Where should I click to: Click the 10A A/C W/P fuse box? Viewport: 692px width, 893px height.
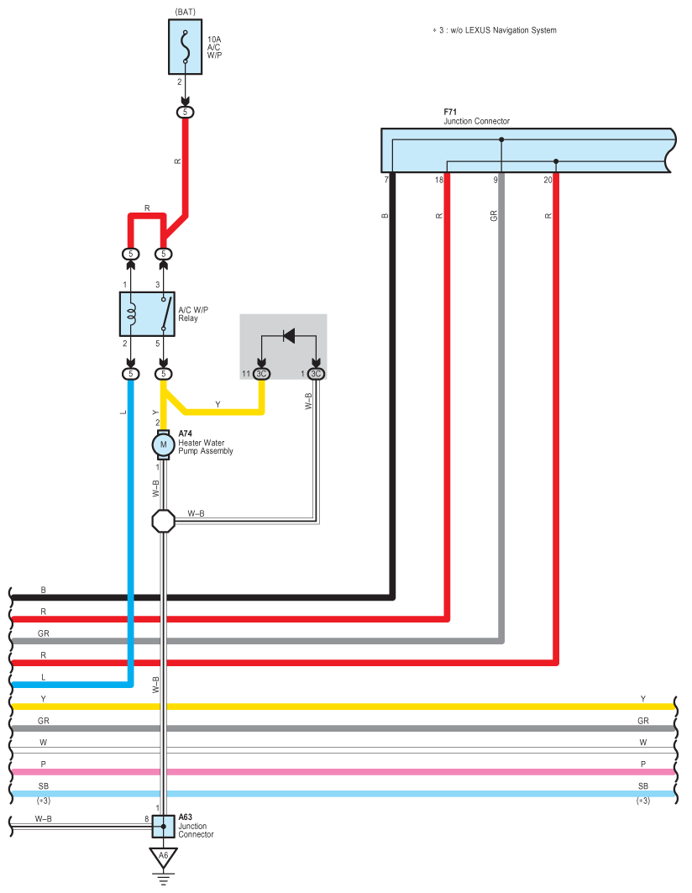pyautogui.click(x=185, y=47)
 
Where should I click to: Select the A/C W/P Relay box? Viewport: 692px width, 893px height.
pyautogui.click(x=147, y=314)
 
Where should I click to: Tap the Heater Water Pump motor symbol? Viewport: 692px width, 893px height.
pyautogui.click(x=164, y=444)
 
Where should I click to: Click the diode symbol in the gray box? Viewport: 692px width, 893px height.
pyautogui.click(x=289, y=335)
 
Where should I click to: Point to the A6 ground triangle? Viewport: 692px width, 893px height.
pyautogui.click(x=164, y=857)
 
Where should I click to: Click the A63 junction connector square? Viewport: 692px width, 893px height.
pyautogui.click(x=164, y=827)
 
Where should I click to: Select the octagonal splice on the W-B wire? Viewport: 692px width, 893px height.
pyautogui.click(x=164, y=521)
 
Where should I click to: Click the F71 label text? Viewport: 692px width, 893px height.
pyautogui.click(x=450, y=113)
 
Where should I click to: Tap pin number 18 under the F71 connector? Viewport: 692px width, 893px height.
pyautogui.click(x=438, y=180)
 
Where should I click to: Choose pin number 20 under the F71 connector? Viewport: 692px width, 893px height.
pyautogui.click(x=548, y=180)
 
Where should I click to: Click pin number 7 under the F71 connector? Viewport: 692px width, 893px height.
pyautogui.click(x=386, y=180)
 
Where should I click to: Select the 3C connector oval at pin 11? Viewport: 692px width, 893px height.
pyautogui.click(x=261, y=374)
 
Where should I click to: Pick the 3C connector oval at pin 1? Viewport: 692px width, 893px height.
pyautogui.click(x=316, y=374)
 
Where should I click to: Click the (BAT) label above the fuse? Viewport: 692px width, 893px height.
pyautogui.click(x=185, y=12)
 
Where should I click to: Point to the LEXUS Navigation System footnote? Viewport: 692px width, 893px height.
pyautogui.click(x=495, y=30)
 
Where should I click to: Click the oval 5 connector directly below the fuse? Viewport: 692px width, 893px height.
pyautogui.click(x=185, y=113)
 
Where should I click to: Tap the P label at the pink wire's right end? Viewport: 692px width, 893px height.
pyautogui.click(x=643, y=764)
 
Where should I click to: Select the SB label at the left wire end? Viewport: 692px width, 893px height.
pyautogui.click(x=44, y=786)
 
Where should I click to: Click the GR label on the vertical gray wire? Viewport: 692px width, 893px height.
pyautogui.click(x=494, y=216)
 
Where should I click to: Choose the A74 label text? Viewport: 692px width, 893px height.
pyautogui.click(x=185, y=433)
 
